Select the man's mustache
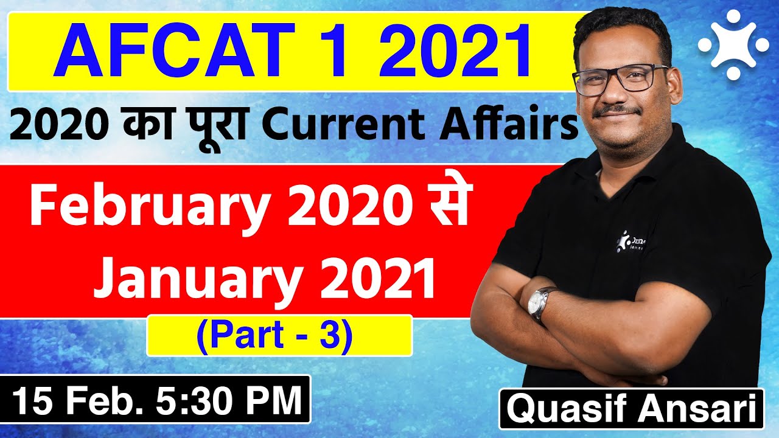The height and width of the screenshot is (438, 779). (x=617, y=111)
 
